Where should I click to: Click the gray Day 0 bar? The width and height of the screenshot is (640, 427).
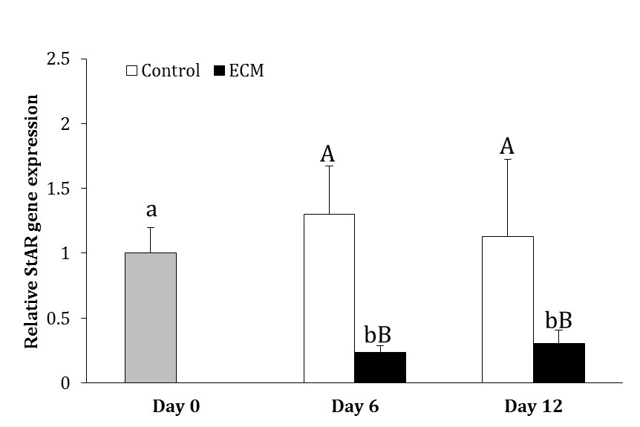click(x=151, y=317)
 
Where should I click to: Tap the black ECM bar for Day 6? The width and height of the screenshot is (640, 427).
click(x=380, y=367)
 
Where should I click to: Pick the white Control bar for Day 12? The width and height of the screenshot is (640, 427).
click(x=508, y=309)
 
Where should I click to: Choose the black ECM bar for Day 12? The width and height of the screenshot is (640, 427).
click(x=559, y=362)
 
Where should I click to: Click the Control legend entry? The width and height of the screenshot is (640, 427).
click(x=163, y=71)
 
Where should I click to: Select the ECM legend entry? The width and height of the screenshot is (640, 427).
click(x=239, y=71)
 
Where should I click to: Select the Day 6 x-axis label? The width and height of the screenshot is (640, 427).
click(x=355, y=406)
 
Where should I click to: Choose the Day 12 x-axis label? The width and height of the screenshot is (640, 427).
click(x=532, y=406)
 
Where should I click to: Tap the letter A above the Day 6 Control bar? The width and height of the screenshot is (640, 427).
click(x=327, y=154)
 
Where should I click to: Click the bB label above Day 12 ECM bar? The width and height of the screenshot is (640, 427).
click(x=558, y=320)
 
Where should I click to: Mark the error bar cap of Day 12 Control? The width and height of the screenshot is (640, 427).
click(x=508, y=159)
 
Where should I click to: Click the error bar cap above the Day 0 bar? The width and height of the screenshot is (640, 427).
click(x=151, y=227)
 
